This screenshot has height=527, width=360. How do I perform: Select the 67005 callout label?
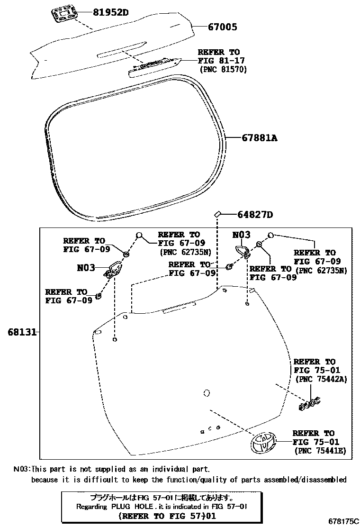[222, 27]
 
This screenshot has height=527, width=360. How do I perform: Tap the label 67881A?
[259, 138]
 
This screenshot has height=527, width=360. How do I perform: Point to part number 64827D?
[255, 215]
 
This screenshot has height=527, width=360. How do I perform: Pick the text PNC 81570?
[223, 69]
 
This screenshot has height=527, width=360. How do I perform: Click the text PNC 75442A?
[320, 379]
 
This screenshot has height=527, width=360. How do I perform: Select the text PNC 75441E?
[320, 450]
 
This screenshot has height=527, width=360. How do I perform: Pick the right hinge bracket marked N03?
[243, 251]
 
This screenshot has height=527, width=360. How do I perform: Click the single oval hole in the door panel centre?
[206, 393]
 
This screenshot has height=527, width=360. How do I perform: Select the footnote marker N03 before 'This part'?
[21, 469]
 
